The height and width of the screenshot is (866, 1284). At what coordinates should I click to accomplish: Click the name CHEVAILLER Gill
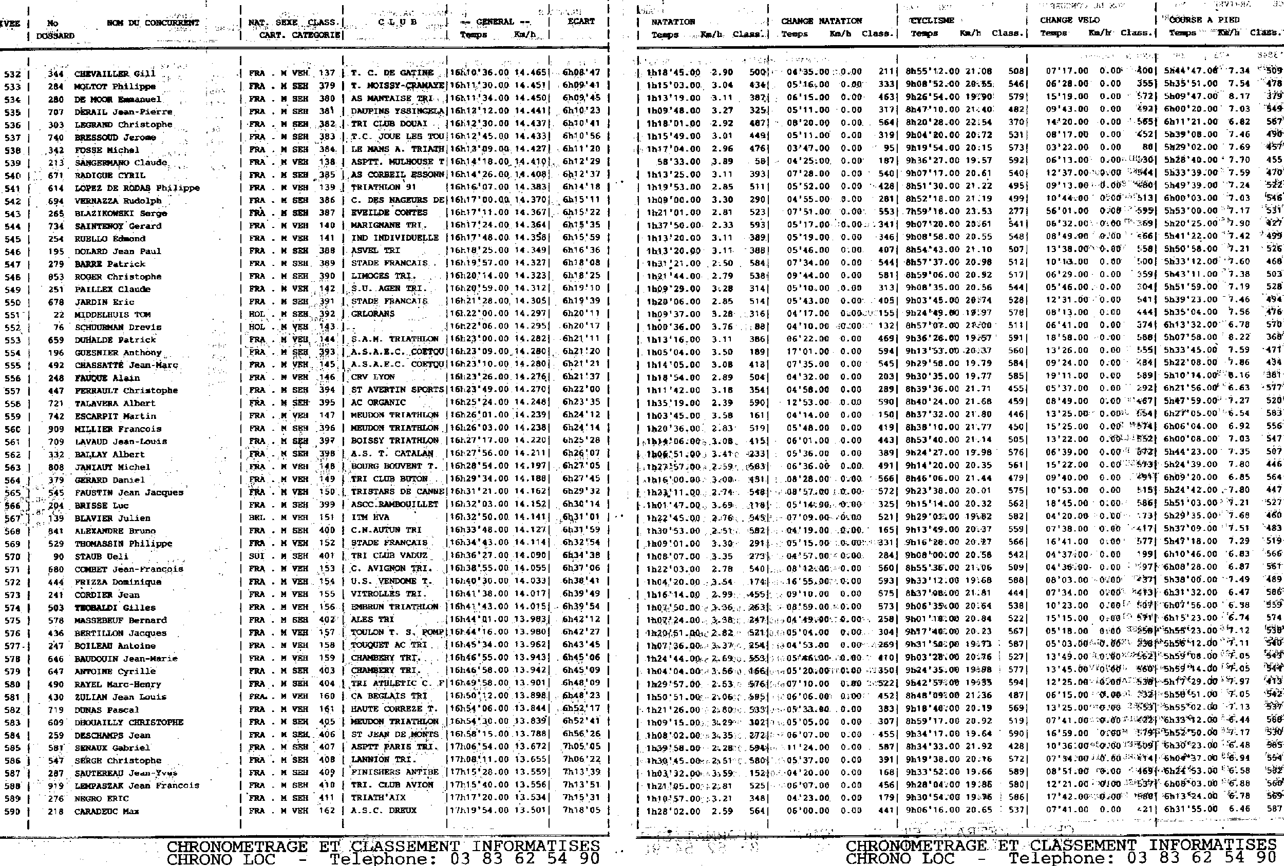(x=115, y=74)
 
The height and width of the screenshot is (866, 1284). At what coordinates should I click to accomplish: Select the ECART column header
(x=581, y=22)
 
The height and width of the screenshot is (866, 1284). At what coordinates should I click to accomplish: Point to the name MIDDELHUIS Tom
(x=112, y=314)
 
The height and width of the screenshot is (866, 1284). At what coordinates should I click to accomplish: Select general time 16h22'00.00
(x=479, y=314)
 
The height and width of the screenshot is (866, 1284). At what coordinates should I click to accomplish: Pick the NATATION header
(x=672, y=22)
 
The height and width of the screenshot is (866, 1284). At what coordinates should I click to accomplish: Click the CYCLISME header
(x=932, y=21)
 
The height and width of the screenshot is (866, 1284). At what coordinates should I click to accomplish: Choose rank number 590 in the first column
(x=12, y=811)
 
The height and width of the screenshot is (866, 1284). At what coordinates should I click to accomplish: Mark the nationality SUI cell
(x=257, y=555)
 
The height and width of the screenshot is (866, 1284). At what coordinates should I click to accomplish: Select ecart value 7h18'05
(x=581, y=810)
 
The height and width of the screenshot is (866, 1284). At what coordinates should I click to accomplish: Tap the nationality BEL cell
(x=257, y=517)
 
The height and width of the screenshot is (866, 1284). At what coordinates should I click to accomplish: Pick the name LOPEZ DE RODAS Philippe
(x=137, y=188)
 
